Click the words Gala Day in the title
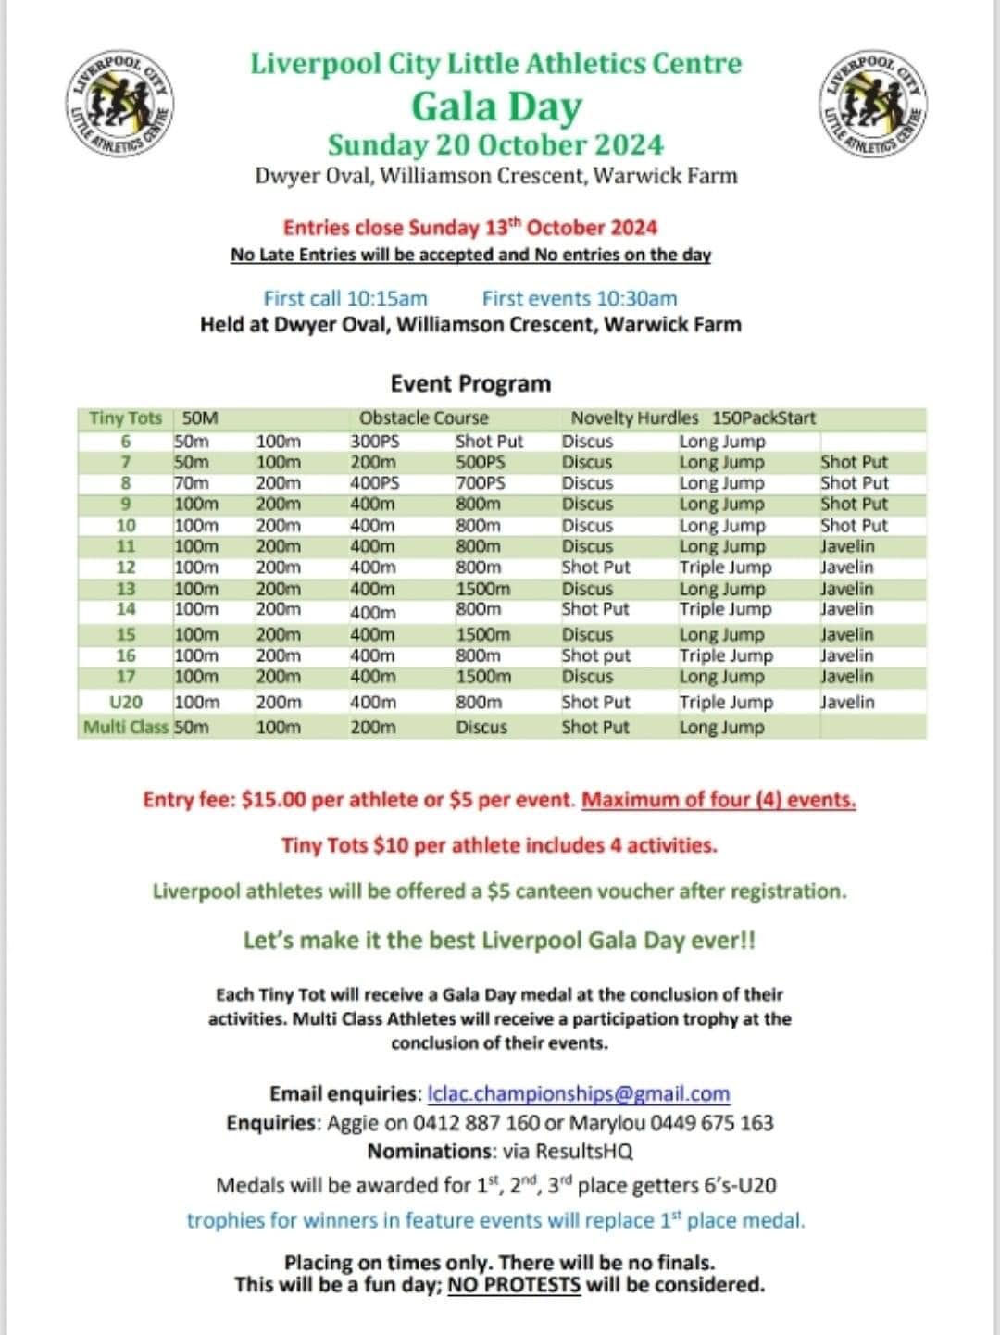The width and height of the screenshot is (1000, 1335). [x=496, y=106]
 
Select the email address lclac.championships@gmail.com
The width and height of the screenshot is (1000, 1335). [x=579, y=1093]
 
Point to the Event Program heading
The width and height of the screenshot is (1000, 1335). [x=470, y=383]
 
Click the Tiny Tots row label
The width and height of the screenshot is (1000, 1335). [x=125, y=418]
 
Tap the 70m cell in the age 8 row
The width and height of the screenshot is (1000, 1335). [x=192, y=483]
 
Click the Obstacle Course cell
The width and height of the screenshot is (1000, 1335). [x=423, y=418]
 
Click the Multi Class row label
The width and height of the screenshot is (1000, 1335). [x=126, y=727]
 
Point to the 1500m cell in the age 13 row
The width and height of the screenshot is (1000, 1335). [x=482, y=589]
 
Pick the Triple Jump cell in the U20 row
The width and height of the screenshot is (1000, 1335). [x=725, y=702]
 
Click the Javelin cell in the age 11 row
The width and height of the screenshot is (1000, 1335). [x=846, y=546]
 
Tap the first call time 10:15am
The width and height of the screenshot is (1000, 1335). [x=386, y=298]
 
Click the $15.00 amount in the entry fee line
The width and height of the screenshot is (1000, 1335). [x=273, y=799]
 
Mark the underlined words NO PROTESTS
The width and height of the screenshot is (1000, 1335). [x=514, y=1285]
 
